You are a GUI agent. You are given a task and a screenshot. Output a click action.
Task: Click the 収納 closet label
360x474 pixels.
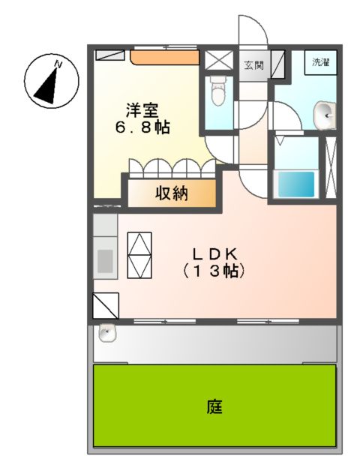coord(172,193)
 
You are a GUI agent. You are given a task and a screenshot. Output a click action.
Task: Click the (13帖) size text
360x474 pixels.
coord(214,271)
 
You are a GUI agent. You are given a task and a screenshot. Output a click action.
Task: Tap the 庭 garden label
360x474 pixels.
coord(214,408)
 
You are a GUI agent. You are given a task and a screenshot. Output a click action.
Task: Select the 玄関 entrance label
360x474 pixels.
coord(253,64)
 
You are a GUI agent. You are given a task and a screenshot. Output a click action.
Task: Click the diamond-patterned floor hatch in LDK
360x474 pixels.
coord(140,255)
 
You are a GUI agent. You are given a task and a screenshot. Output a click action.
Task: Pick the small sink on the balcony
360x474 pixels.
coord(106,332)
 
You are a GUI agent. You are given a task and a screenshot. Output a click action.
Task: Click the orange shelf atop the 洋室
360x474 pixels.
coord(165,57)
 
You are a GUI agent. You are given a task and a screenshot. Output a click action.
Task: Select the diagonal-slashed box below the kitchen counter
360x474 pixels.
coord(106,305)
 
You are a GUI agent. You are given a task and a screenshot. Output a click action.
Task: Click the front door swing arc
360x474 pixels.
coord(253,30)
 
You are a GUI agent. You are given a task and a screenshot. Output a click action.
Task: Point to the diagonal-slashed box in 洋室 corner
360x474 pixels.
coord(111,55)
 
